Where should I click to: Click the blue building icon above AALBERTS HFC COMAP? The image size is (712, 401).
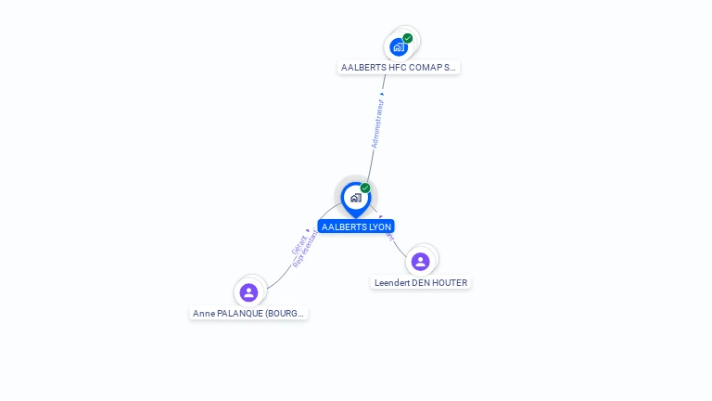point(399,46)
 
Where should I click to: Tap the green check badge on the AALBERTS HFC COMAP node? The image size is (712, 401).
point(408,38)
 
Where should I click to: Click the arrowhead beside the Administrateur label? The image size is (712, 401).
point(383,92)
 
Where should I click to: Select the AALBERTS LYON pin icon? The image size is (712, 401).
point(355,198)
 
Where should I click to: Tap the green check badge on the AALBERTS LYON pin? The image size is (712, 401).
point(365,188)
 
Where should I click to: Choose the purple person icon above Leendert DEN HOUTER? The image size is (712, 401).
point(420,262)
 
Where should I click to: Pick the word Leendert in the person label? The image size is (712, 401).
point(392,283)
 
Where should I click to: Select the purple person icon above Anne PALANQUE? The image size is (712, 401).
point(248,292)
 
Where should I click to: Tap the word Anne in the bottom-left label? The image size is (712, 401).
point(203,314)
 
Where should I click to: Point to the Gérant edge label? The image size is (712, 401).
point(299,245)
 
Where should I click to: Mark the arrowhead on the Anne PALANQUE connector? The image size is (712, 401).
point(309,229)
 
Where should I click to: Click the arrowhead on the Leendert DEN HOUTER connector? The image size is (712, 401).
point(381,217)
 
